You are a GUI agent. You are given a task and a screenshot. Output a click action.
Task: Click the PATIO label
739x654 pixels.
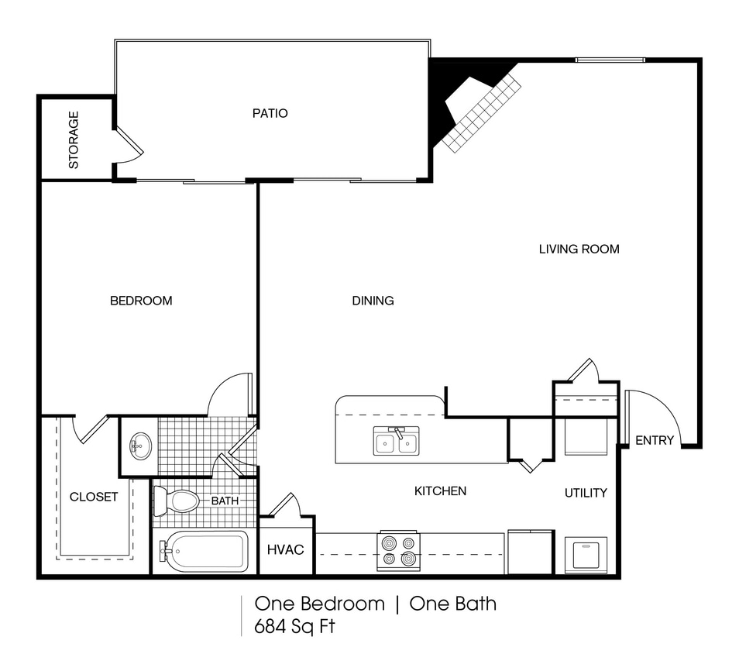tap(270, 113)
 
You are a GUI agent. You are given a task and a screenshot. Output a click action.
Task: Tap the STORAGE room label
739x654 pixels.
tap(74, 140)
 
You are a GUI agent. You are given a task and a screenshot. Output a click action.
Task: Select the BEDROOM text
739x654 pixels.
tap(140, 301)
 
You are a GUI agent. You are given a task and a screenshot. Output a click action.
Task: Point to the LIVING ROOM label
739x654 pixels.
tap(579, 249)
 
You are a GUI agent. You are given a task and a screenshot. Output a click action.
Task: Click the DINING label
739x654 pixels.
tap(373, 301)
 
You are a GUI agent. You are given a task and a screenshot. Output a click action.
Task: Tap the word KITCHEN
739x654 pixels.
tap(440, 490)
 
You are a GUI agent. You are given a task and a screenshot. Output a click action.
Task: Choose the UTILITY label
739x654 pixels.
tap(585, 493)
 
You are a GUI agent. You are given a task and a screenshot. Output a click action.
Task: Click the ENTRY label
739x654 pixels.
tap(654, 441)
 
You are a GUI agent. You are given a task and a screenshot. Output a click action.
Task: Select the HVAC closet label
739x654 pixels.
tap(286, 549)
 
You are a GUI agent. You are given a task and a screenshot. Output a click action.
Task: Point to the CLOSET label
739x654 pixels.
tap(94, 497)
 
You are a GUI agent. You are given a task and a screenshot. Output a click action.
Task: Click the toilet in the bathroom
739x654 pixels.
tap(177, 501)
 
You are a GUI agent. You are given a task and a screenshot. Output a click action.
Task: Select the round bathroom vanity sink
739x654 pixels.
tap(139, 446)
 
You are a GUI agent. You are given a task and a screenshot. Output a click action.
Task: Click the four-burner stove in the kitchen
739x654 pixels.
tap(397, 550)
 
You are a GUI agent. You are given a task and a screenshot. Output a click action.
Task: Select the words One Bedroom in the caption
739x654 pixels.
tap(319, 604)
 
